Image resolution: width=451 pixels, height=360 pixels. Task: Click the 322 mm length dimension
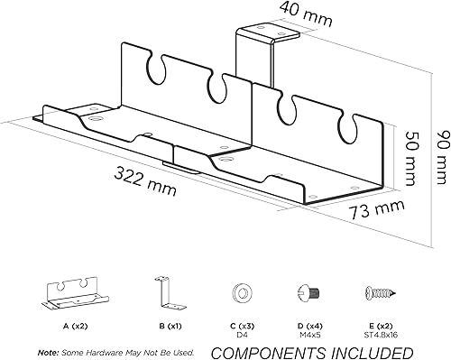point(145,181)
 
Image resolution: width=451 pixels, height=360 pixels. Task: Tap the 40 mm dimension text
point(306,14)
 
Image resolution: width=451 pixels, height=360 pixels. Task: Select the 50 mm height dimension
point(410,157)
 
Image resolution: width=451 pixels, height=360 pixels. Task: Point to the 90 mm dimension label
point(442,157)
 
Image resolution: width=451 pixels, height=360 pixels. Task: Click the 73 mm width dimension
point(376,208)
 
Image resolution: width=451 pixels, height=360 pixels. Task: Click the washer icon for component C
point(242,292)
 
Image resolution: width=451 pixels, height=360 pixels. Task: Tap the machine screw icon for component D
point(309,291)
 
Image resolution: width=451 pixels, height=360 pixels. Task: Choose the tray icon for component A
point(75,293)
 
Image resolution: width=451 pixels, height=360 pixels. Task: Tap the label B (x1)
point(170,326)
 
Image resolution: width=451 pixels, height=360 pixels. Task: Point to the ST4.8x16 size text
point(381,335)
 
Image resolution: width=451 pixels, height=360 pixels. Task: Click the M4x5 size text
point(309,335)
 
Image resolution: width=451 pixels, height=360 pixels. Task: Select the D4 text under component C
point(242,335)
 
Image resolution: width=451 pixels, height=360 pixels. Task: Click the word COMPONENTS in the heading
point(268,353)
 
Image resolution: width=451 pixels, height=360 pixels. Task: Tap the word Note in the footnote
point(48,352)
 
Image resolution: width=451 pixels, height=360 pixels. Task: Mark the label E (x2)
point(381,326)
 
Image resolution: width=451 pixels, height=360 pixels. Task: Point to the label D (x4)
point(309,326)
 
